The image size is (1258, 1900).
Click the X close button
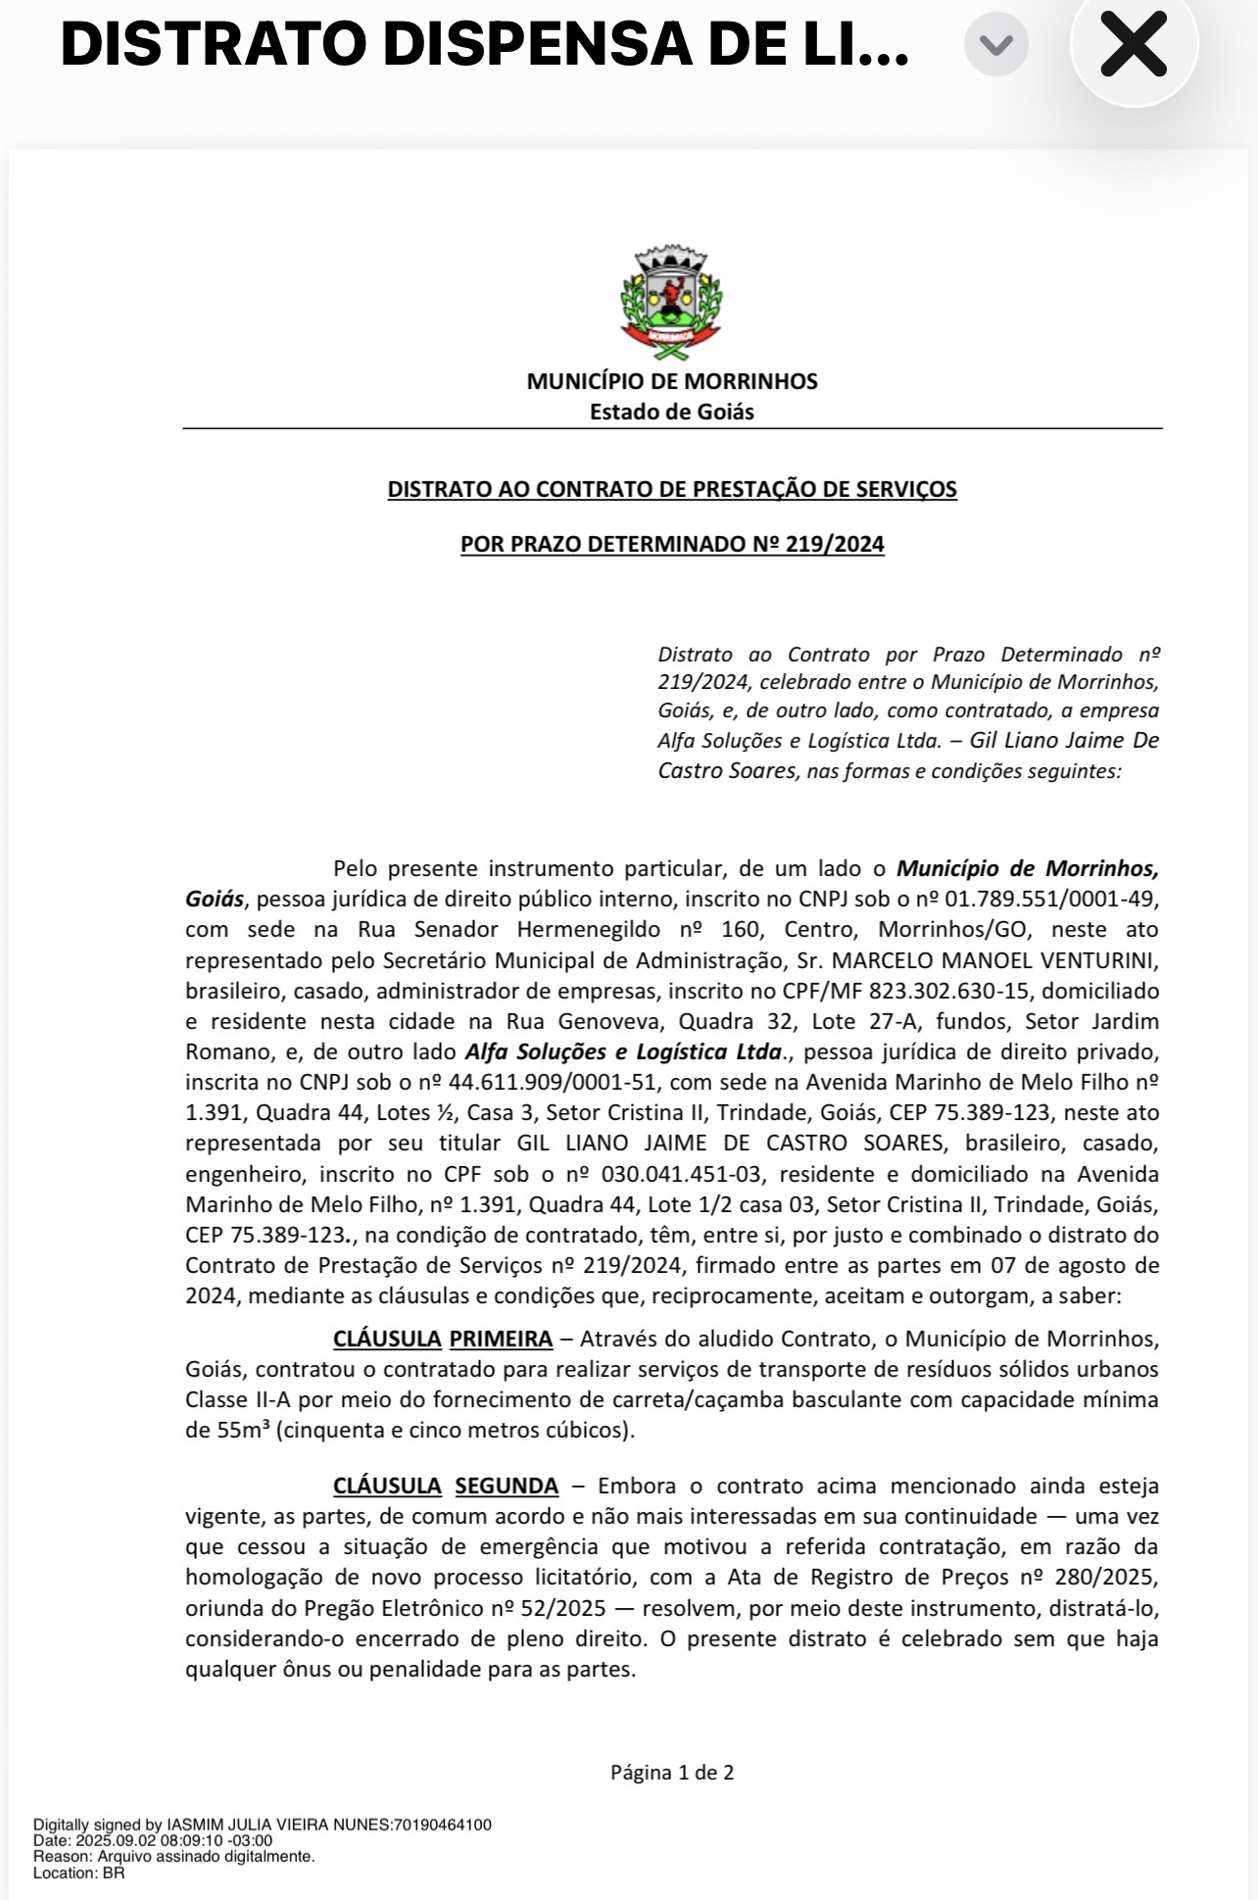(x=1134, y=44)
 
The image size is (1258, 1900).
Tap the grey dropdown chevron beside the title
(x=995, y=45)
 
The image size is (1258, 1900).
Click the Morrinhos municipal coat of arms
(x=671, y=297)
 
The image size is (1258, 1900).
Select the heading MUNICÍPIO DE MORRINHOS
(x=672, y=381)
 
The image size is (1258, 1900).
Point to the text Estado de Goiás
(x=672, y=412)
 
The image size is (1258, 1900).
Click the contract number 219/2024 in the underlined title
(x=835, y=544)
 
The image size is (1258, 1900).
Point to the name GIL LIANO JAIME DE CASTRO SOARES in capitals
(x=731, y=1144)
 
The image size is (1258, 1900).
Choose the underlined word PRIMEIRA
(x=501, y=1339)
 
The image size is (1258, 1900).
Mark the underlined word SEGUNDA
(x=507, y=1486)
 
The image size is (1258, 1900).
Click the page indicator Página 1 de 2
(x=672, y=1772)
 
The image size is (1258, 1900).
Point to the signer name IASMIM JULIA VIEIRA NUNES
(x=278, y=1825)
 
